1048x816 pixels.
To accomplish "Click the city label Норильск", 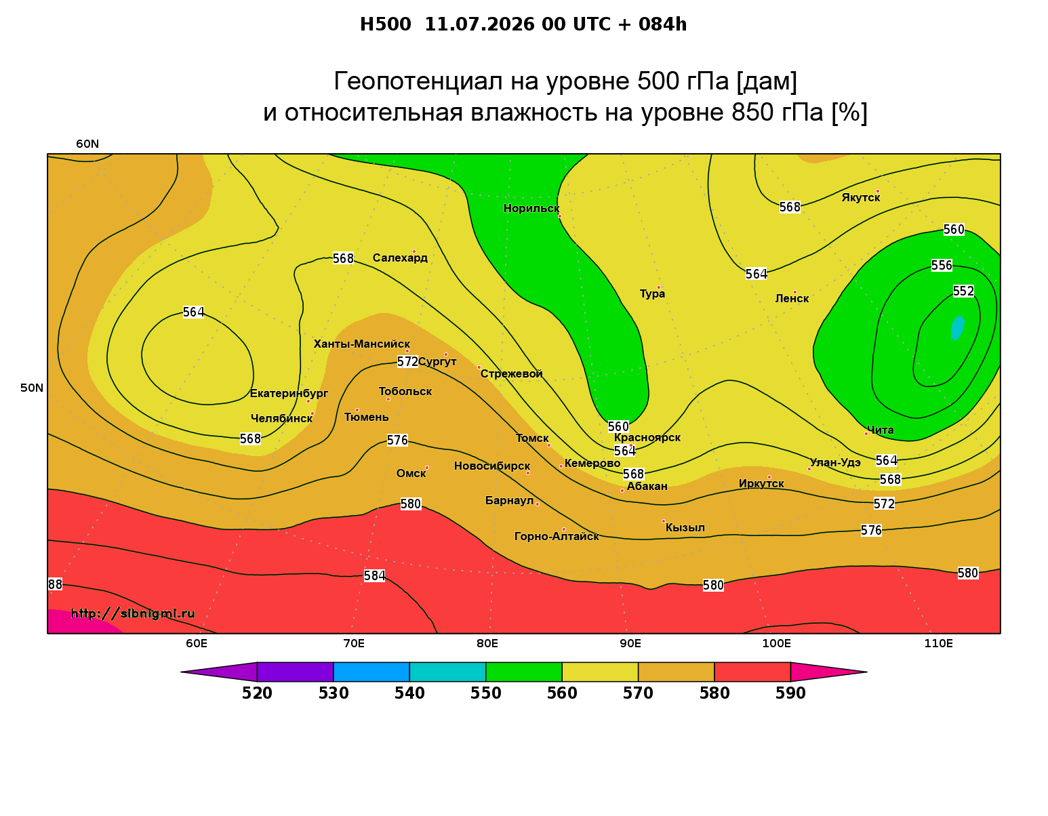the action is (531, 208).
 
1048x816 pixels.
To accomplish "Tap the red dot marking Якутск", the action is (877, 191).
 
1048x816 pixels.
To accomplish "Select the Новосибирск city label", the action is (492, 466).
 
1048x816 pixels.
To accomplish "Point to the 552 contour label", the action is (963, 291).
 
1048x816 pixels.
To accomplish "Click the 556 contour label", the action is (942, 266).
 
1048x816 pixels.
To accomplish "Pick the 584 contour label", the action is (374, 576).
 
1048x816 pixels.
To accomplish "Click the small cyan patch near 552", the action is (957, 328).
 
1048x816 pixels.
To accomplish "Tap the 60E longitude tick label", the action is (197, 643).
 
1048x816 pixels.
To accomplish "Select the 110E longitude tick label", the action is (938, 643).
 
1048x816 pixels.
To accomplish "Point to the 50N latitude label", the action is (32, 388).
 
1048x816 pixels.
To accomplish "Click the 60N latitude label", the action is (87, 144).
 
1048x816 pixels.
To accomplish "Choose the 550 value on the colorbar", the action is (485, 693).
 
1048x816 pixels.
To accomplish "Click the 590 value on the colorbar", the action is (790, 693).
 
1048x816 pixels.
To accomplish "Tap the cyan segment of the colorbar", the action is (447, 672).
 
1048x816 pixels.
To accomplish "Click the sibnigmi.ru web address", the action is (133, 613).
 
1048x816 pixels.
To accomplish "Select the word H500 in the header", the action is (385, 24).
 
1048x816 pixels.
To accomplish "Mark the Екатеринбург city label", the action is (289, 394).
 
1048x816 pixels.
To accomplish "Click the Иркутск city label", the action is (761, 483).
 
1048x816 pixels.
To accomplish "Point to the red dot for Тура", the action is (659, 288).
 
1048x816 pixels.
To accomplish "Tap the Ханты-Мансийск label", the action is (362, 344).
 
